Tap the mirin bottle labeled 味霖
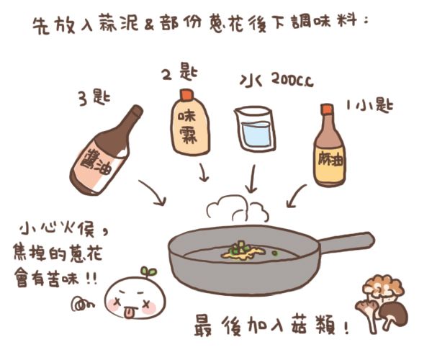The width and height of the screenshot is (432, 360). pos(190,122)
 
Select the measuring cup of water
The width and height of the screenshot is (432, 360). pos(255,129)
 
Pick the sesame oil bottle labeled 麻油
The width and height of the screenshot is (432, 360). pos(329,145)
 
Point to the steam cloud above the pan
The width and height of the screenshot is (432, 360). pos(238,209)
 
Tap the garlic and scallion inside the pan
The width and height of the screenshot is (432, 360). pos(243,251)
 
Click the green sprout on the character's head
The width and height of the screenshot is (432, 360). pos(149,271)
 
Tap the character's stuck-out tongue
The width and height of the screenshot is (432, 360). pos(128,312)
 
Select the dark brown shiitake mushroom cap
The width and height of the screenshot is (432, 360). pos(393,311)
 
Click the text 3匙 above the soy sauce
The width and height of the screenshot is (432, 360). pos(94,97)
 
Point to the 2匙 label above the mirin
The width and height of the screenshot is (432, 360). pos(179,71)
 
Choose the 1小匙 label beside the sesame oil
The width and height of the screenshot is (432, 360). pos(369,104)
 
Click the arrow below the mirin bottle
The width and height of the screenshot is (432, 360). pos(203,172)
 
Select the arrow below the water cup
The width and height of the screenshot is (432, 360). pos(251,179)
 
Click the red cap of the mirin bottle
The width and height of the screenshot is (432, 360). pos(186,94)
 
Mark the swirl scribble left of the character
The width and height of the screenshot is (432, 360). pos(82,303)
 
